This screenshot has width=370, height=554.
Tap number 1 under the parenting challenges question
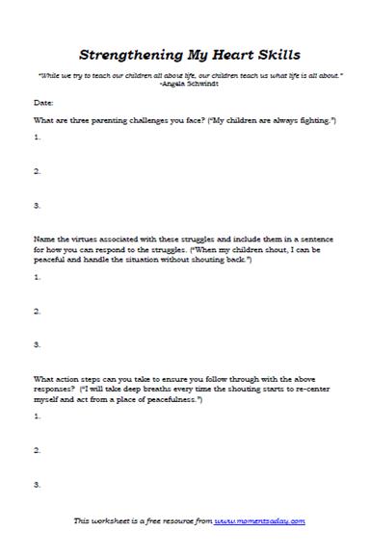coord(37,138)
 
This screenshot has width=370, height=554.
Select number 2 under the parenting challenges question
coord(37,171)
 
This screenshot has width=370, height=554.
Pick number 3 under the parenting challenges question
coord(37,205)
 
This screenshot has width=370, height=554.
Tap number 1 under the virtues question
coord(37,277)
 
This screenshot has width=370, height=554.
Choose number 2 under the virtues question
coord(37,311)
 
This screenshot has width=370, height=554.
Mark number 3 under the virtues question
coord(37,344)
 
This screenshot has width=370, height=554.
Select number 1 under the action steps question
coord(37,416)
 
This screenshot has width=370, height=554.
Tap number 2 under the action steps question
coord(37,450)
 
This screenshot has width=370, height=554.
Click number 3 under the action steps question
coord(37,484)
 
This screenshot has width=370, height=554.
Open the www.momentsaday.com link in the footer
coord(259,520)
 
